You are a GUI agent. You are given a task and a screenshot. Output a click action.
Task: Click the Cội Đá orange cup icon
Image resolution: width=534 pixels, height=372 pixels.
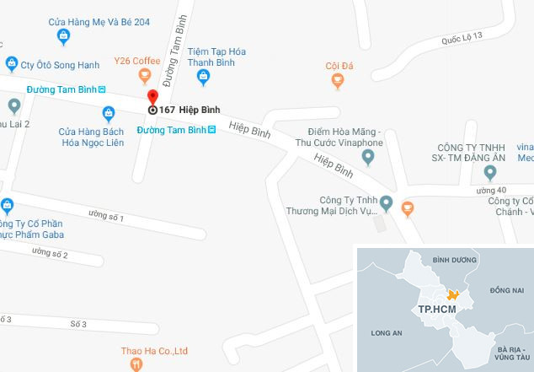click(x=338, y=81)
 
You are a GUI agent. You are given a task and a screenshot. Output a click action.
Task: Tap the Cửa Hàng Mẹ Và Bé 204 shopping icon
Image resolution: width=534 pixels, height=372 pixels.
click(x=63, y=35)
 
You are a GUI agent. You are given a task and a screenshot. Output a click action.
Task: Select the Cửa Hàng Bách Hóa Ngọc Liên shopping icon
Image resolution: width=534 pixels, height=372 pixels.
click(x=108, y=114)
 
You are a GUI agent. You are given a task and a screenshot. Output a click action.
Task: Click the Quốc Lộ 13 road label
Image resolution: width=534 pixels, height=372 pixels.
click(x=462, y=38)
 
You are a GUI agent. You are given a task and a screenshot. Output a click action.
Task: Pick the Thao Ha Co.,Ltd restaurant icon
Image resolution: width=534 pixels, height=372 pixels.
click(x=136, y=364)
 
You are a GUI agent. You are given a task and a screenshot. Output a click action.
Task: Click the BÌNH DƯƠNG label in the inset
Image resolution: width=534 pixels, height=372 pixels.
click(x=448, y=261)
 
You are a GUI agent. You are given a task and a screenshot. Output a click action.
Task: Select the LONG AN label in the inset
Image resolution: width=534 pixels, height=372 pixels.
click(x=387, y=332)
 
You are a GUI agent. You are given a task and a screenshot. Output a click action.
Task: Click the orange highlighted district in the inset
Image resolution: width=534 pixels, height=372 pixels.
click(x=453, y=294)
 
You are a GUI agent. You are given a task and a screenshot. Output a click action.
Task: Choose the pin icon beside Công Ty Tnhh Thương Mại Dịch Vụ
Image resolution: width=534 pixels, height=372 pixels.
click(x=387, y=202)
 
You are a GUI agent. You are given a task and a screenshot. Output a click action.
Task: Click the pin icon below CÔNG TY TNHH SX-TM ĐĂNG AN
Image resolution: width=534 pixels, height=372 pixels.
click(x=491, y=173)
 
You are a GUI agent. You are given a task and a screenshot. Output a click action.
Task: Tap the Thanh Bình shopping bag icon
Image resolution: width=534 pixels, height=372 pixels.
click(x=203, y=78)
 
